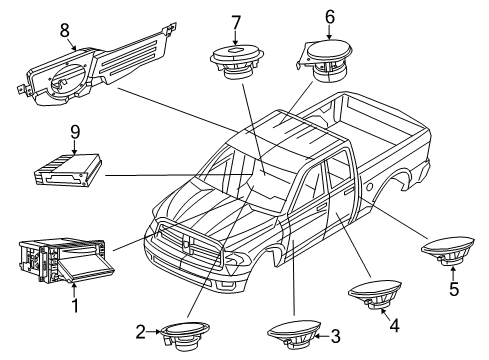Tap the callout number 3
(x=335, y=336)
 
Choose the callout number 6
(x=329, y=17)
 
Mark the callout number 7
(x=236, y=22)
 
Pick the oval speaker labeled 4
(x=375, y=298)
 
